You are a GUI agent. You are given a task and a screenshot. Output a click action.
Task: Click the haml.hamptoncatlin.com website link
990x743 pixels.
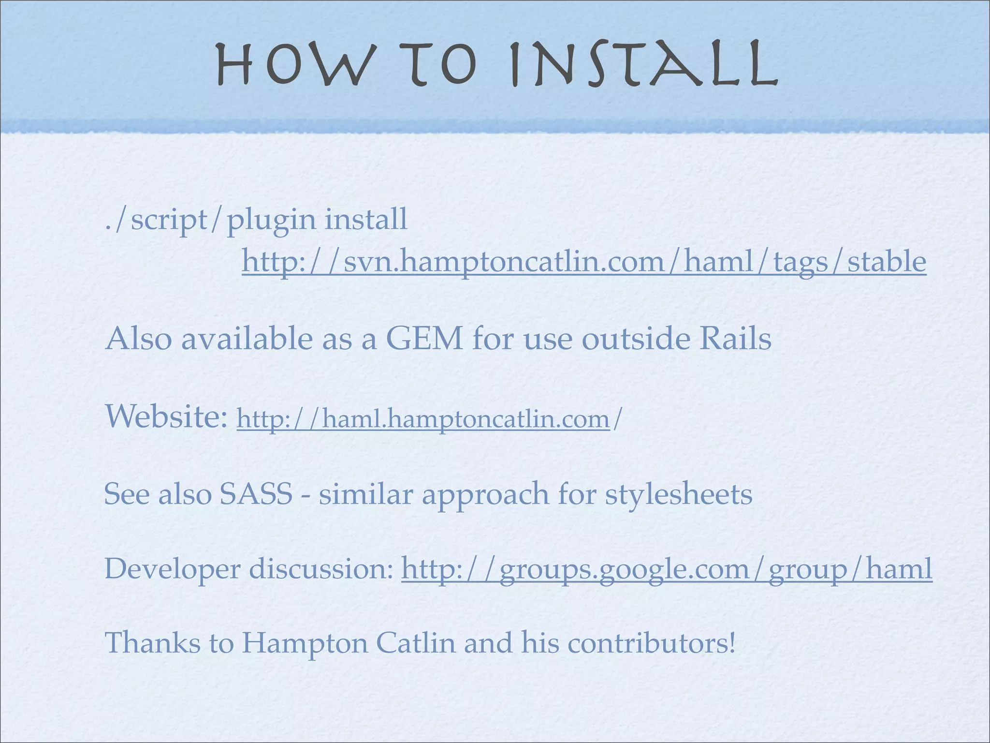tap(423, 418)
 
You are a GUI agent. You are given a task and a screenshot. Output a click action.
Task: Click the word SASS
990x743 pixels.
tap(256, 494)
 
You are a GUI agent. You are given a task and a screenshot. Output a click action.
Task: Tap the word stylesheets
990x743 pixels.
tap(679, 494)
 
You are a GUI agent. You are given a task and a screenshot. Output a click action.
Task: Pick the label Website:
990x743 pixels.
tap(166, 417)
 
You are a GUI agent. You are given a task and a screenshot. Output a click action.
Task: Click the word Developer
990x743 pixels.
tap(172, 570)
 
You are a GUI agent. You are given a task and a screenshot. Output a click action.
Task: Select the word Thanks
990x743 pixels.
tap(152, 643)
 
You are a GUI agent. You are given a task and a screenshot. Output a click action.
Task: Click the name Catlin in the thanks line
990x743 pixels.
tap(416, 643)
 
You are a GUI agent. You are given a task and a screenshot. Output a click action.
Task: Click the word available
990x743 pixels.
tap(247, 339)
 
